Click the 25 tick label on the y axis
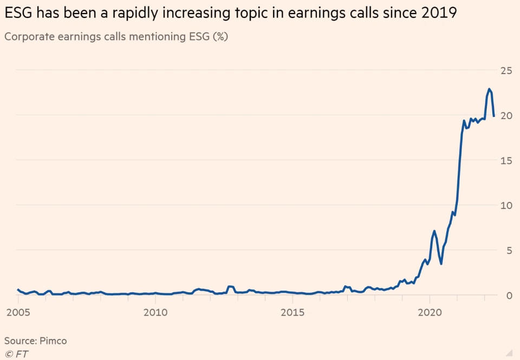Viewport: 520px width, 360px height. pos(505,70)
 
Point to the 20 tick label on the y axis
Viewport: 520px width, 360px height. pos(505,115)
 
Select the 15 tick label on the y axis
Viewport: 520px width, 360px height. pos(505,160)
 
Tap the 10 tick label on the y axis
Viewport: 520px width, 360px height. pos(505,205)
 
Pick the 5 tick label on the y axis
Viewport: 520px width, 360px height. pos(508,250)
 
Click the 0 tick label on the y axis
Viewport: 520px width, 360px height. pos(508,295)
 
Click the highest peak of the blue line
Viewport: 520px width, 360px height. pos(489,89)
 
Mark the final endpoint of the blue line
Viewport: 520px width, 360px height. pos(494,116)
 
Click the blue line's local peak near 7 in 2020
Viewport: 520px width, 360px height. pos(434,231)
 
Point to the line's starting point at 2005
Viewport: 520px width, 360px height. pos(18,290)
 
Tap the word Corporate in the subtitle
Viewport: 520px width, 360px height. pos(26,37)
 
